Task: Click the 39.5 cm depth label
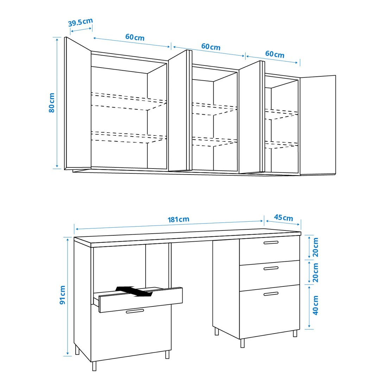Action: (x=81, y=22)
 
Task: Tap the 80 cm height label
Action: (x=52, y=103)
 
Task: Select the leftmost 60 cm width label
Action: (x=135, y=37)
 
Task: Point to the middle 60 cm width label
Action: (x=211, y=46)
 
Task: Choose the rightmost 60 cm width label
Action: (x=274, y=54)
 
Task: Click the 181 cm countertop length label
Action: (x=178, y=220)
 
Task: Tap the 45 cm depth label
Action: (x=283, y=218)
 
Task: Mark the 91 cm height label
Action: (x=63, y=295)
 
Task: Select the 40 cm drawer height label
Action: (x=315, y=305)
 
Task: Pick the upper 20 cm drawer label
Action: (x=315, y=247)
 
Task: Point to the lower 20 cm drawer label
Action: (x=315, y=273)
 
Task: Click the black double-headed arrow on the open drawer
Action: (x=134, y=291)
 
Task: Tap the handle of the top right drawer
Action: (x=271, y=242)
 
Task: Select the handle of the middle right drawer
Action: (x=271, y=268)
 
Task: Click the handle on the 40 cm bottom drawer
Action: (x=271, y=294)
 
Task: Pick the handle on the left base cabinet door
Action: (x=135, y=311)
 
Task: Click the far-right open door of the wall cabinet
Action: (x=318, y=125)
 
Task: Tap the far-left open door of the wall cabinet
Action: (x=78, y=103)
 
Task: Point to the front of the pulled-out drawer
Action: (x=141, y=300)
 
